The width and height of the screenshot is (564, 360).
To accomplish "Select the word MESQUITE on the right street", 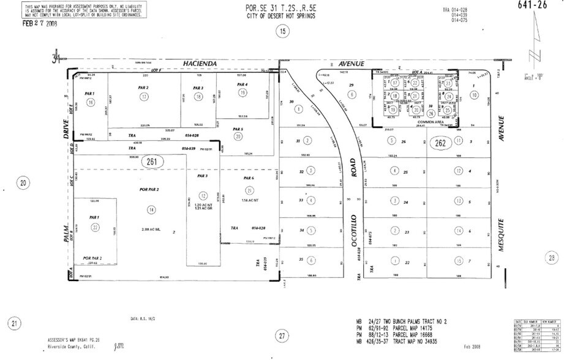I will [502, 238].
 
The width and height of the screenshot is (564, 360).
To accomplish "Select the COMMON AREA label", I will [429, 122].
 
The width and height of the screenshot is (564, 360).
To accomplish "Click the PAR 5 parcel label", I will [238, 129].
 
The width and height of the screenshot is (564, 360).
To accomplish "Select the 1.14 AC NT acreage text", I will [249, 201].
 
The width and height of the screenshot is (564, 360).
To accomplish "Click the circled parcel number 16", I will [91, 103].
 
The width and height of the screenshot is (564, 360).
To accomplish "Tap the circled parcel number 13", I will [458, 201].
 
